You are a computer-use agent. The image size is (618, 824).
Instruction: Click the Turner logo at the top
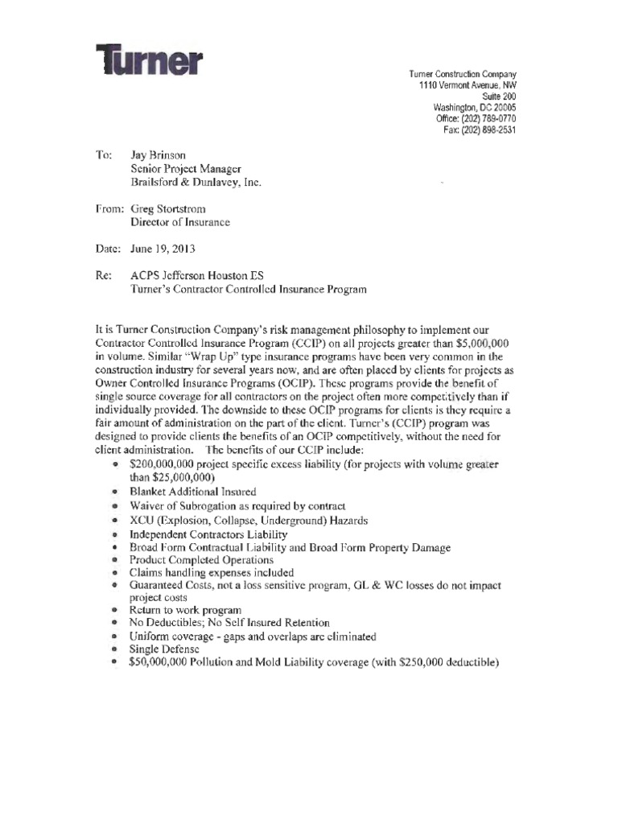pos(150,60)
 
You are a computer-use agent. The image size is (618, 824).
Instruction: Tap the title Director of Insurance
pos(180,222)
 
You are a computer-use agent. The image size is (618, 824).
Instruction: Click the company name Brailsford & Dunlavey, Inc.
pos(196,182)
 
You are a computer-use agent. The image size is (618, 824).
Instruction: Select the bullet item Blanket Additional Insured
pos(192,492)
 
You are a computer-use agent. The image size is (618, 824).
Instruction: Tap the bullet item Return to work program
pos(185,610)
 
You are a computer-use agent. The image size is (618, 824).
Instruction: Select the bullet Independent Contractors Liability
pos(208,534)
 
